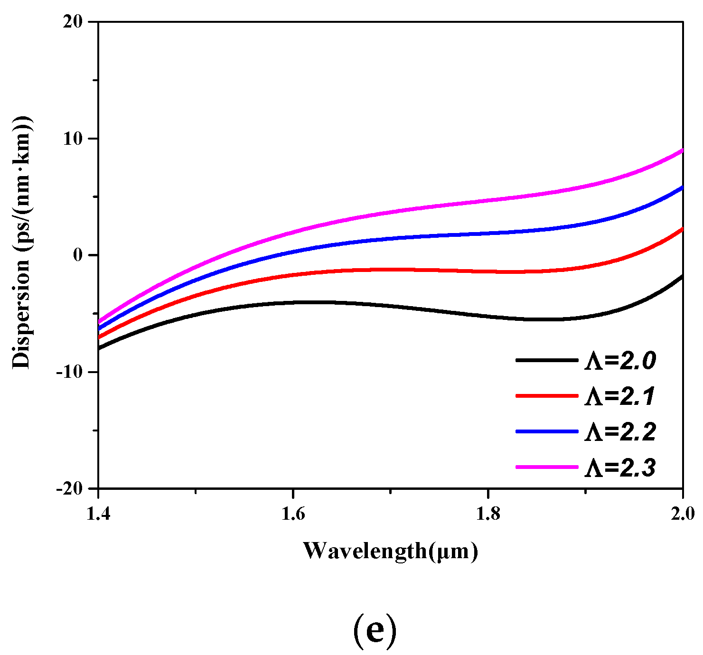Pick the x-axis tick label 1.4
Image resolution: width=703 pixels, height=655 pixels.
point(98,514)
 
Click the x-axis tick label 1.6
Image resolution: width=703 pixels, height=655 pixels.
point(293,514)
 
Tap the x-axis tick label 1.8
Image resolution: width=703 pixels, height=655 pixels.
point(488,514)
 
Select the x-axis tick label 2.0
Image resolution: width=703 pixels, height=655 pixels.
point(682,514)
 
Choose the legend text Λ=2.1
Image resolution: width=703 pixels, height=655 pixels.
point(620,397)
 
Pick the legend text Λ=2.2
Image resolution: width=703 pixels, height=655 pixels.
point(620,432)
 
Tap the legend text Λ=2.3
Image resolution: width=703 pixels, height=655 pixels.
point(620,468)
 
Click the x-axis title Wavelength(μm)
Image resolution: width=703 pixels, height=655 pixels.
point(390,551)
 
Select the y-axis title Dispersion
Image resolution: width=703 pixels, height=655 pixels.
point(21,242)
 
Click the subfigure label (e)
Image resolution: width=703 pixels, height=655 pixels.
point(375,629)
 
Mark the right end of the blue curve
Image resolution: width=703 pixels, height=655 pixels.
point(682,188)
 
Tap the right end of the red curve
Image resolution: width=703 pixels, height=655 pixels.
point(682,229)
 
